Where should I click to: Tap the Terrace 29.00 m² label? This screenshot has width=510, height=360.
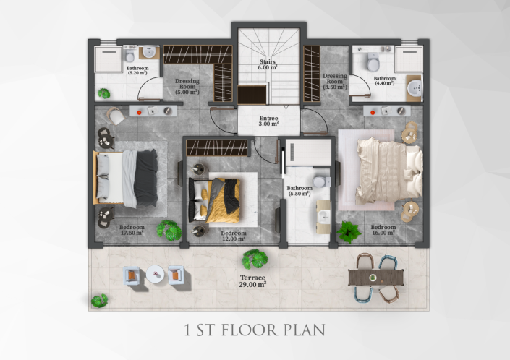click(253, 280)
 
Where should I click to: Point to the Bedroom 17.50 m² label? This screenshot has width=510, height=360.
click(132, 229)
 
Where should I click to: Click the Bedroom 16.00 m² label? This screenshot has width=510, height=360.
click(382, 229)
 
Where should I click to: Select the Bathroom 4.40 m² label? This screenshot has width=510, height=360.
click(384, 80)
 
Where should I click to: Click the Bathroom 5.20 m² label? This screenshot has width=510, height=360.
click(137, 70)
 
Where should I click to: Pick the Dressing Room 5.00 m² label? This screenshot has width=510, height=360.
click(187, 86)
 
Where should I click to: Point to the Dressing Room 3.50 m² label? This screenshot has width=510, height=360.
click(335, 80)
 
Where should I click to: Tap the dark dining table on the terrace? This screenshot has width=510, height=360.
click(373, 277)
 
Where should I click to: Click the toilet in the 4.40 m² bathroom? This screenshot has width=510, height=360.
click(371, 58)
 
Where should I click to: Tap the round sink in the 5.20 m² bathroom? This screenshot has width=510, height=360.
click(150, 52)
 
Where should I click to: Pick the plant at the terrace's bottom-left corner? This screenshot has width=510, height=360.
click(99, 300)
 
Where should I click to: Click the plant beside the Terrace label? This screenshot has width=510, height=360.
click(255, 259)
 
